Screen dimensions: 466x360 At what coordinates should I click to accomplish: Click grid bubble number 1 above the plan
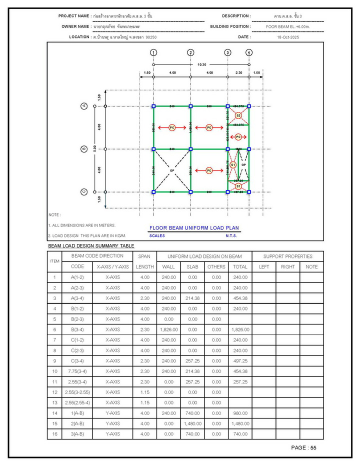click(x=153, y=52)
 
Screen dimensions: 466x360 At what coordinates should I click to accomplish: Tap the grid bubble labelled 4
click(x=249, y=52)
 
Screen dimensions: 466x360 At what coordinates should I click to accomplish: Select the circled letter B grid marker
click(x=84, y=149)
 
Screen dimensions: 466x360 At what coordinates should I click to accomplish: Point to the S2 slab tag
click(x=238, y=115)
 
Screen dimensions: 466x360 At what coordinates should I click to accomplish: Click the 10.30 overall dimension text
click(x=201, y=64)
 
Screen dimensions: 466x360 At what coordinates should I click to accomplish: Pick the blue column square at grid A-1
click(x=153, y=106)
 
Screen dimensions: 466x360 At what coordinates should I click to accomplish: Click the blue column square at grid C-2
click(x=190, y=191)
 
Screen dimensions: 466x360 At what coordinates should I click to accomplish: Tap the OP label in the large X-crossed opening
click(x=172, y=170)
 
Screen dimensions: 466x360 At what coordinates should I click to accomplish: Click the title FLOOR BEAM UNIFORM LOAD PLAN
click(x=194, y=228)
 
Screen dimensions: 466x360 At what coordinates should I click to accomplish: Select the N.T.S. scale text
click(x=231, y=235)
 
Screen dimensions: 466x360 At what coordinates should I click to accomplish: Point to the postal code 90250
click(x=151, y=37)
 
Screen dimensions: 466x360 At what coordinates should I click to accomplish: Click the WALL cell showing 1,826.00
click(x=168, y=329)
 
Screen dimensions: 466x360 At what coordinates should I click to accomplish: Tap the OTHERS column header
click(x=216, y=266)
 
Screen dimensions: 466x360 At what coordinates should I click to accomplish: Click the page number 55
click(x=313, y=447)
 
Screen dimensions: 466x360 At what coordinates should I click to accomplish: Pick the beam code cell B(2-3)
click(x=77, y=319)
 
